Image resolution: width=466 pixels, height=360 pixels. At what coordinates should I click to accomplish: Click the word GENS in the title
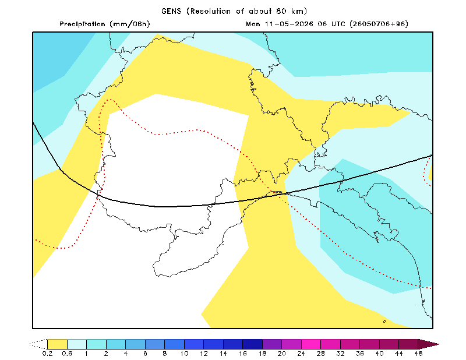coord(171,11)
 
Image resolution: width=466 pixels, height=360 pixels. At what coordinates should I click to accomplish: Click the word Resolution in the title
coord(210,11)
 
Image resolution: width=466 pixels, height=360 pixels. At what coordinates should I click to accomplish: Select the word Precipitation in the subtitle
coord(82,24)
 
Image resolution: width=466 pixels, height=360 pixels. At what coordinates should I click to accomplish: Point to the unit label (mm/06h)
coord(130,24)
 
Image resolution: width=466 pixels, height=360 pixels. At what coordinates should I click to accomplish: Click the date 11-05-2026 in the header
coord(289,24)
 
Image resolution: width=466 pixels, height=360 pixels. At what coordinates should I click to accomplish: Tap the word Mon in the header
coord(253,24)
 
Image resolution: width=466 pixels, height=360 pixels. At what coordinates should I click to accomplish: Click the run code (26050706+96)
coord(379,24)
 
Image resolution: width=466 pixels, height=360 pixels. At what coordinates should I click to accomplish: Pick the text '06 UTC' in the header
coord(331,24)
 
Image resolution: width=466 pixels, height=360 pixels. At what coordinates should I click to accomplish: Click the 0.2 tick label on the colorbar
coord(47,354)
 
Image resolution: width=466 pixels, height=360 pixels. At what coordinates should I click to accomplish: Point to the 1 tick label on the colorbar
coord(86,354)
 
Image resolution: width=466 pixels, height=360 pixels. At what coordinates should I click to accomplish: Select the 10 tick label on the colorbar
coord(184,354)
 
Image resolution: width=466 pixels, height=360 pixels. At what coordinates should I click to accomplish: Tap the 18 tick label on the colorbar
coord(263,354)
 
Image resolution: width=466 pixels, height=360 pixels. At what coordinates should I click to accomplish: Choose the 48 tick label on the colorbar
coord(418,354)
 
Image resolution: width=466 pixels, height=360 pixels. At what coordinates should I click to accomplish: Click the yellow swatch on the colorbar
coord(57,344)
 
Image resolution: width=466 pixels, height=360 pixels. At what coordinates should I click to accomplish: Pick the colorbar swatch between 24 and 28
coord(311,344)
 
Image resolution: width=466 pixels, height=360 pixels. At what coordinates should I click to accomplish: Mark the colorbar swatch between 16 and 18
coord(253,344)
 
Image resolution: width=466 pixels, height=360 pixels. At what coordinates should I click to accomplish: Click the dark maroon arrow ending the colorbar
coord(428,344)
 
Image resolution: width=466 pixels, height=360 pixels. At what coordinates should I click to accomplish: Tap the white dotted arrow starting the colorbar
coord(38,344)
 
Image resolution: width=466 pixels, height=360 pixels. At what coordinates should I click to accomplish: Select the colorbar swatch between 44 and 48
coord(409,344)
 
